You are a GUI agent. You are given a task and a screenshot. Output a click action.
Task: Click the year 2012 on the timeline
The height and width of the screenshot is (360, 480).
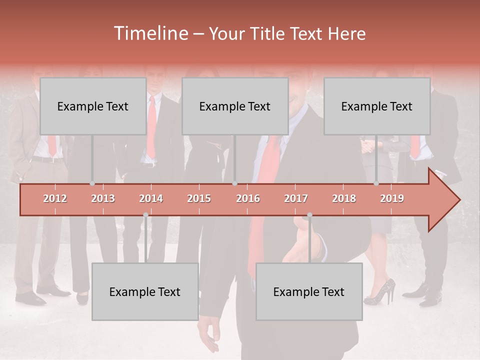pos(55,198)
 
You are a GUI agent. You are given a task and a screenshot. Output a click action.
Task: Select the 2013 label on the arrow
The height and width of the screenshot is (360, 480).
pos(103,198)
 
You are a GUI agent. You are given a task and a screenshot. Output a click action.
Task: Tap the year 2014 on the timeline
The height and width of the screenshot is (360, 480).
pos(151,198)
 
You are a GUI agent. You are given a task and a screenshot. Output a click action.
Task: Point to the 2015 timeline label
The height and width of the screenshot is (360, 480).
pos(199,198)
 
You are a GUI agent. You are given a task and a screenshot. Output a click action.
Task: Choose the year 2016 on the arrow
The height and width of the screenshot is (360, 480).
pos(248,198)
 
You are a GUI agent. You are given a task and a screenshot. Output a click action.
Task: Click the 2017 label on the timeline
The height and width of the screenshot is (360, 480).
pos(296,198)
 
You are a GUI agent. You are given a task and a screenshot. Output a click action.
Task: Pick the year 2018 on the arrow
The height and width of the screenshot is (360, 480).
pos(344,198)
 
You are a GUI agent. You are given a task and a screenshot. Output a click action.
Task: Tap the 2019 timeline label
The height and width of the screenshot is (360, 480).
pos(392,198)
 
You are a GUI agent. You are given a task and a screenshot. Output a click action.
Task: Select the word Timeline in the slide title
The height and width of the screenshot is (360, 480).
pos(149,33)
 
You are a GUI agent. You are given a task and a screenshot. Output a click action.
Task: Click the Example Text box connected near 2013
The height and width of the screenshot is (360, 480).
pos(93,106)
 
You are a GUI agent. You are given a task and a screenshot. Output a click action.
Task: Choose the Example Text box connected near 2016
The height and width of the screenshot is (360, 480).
pos(235,106)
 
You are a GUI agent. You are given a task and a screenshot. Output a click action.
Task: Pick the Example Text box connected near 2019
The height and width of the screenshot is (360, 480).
pos(377,106)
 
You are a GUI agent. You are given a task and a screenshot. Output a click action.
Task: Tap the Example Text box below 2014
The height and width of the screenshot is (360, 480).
pos(145,291)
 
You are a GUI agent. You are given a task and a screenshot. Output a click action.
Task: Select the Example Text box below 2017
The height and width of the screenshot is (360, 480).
pos(309,291)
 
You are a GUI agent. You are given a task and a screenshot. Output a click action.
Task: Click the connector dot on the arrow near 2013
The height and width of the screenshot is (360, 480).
pos(92,183)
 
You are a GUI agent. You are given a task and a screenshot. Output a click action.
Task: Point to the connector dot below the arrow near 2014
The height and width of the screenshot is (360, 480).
pos(145,215)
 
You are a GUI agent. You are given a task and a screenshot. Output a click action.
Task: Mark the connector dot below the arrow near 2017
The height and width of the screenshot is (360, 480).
pos(309,215)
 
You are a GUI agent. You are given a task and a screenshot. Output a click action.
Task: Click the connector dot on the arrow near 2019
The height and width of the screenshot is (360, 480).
pos(376,183)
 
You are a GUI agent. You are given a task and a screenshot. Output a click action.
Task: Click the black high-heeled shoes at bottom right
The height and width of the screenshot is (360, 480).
pos(379,293)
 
